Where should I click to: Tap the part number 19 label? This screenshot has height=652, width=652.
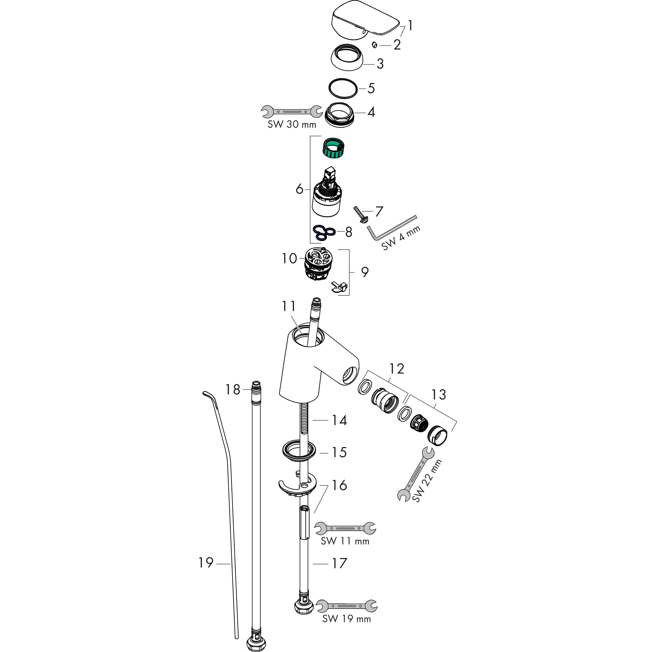pos(206,563)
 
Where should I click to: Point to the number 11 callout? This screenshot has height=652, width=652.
pos(289,306)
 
